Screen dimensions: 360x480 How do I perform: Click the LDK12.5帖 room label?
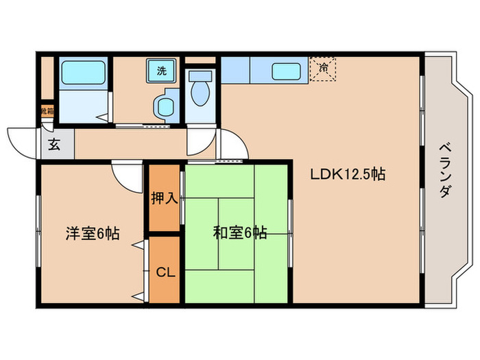[348, 174]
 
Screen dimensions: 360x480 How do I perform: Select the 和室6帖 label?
[239, 233]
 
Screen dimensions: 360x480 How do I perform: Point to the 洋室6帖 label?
[92, 233]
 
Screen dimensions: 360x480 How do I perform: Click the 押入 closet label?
[165, 200]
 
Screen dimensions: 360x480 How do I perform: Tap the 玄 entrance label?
[53, 145]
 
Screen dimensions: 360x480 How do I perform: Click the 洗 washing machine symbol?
[161, 70]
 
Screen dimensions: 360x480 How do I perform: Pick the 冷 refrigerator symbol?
[323, 69]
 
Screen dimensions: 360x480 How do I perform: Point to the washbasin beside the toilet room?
[165, 106]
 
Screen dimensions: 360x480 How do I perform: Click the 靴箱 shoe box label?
[47, 110]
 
